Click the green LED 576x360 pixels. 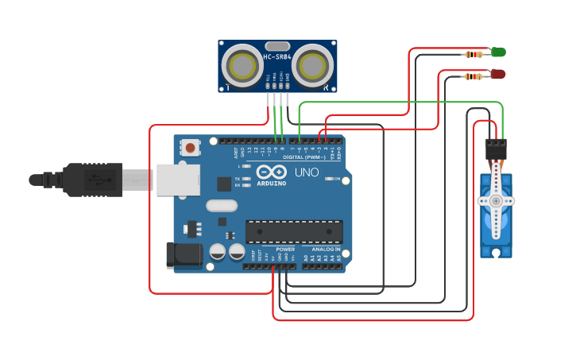click(498, 52)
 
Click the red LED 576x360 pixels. click(498, 74)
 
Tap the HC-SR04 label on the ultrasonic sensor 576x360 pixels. click(277, 57)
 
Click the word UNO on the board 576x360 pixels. click(307, 172)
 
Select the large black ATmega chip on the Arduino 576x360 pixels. click(294, 231)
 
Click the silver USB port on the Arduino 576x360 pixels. click(177, 180)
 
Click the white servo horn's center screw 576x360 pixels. click(497, 201)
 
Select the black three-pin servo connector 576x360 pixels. click(496, 149)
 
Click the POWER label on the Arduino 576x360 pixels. click(285, 249)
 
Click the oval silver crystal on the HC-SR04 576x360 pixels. click(277, 46)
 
